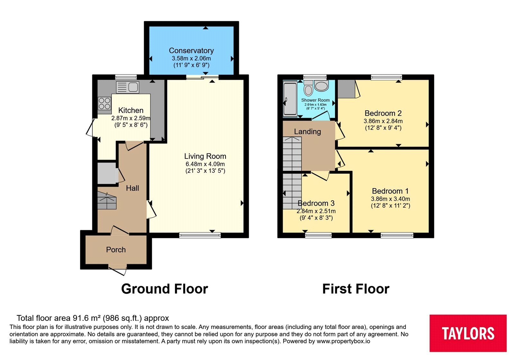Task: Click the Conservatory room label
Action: pos(191,50)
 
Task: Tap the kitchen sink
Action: pos(128,87)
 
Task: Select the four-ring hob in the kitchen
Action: pos(104,104)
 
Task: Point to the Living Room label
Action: pos(205,156)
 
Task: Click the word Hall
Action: pos(132,188)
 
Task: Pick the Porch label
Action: pos(116,249)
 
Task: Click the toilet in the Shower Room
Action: pos(308,88)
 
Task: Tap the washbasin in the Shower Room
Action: pos(322,86)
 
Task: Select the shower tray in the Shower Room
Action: pos(290,99)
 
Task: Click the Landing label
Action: pos(307,131)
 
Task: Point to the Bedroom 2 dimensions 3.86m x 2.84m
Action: pos(383,121)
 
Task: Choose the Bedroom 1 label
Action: pos(390,191)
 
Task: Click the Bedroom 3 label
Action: pos(316,203)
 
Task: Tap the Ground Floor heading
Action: pos(164,289)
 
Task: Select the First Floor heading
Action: pos(356,289)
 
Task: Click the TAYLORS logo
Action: pos(468,333)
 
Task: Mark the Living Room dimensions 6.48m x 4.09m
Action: pos(205,164)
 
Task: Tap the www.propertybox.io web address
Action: pos(343,341)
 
